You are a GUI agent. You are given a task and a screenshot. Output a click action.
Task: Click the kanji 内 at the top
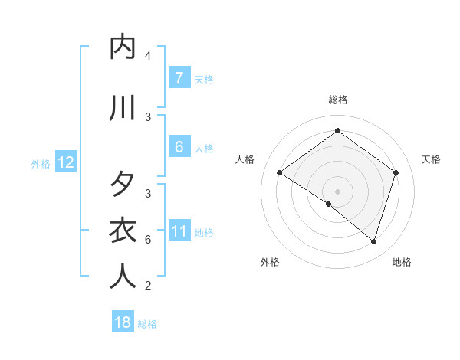[x=123, y=47]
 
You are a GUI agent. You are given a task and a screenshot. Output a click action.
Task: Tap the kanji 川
[x=123, y=108]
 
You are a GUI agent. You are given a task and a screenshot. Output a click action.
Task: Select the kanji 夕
[x=123, y=185]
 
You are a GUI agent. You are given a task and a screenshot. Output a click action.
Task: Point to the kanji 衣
[x=123, y=231]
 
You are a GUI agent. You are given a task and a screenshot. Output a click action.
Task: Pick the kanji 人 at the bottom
[x=123, y=277]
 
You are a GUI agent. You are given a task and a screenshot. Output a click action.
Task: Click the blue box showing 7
[x=179, y=77]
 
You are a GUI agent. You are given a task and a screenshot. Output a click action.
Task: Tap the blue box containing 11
[x=179, y=231]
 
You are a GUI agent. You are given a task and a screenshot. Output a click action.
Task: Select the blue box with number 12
[x=66, y=162]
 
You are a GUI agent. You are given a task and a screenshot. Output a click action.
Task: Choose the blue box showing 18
[x=123, y=322]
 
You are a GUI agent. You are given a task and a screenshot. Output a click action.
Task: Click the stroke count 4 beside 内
[x=147, y=56]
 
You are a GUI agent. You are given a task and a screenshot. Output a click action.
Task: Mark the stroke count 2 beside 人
[x=147, y=286]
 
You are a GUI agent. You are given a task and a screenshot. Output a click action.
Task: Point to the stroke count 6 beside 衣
[x=147, y=240]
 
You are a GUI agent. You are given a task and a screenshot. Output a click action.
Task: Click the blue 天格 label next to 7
[x=204, y=79]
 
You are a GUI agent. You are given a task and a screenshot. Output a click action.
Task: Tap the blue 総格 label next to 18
[x=147, y=324]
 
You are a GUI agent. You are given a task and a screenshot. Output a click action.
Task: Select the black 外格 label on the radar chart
[x=270, y=262]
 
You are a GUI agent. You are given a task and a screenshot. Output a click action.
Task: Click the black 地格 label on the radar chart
[x=402, y=262]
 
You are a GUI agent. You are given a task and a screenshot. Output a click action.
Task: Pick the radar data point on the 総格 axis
[x=337, y=130]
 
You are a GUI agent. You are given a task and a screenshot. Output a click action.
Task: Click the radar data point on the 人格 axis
[x=280, y=173]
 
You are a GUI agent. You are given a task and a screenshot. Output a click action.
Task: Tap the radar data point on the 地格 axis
[x=373, y=241]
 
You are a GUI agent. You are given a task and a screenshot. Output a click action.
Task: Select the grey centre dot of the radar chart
[x=337, y=191]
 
